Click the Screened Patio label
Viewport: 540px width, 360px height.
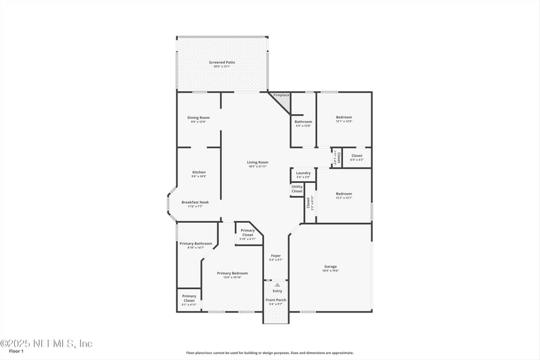[221, 63]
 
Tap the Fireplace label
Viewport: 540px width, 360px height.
[281, 95]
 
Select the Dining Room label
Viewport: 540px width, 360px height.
[198, 118]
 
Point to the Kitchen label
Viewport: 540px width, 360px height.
[198, 172]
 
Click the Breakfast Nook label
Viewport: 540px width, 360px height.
[195, 202]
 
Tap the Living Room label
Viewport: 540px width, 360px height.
[257, 162]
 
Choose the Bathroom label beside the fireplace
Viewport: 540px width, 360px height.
[303, 122]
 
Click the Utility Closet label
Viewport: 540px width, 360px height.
[297, 189]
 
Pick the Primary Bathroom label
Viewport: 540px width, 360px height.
[196, 243]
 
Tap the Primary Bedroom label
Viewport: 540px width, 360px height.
[232, 273]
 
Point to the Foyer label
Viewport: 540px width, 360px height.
[275, 255]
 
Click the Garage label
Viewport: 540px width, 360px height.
[330, 266]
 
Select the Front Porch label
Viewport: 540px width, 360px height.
[275, 300]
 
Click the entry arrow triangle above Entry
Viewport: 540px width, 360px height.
[276, 285]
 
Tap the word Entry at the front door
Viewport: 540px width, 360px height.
[277, 291]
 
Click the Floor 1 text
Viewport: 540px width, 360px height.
[16, 351]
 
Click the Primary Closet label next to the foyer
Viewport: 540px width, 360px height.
[248, 232]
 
